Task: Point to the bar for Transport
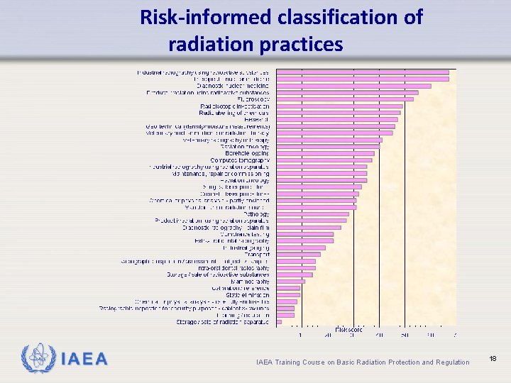298,255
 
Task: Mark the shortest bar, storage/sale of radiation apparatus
278,322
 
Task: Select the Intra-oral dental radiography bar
295,268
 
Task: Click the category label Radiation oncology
239,180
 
